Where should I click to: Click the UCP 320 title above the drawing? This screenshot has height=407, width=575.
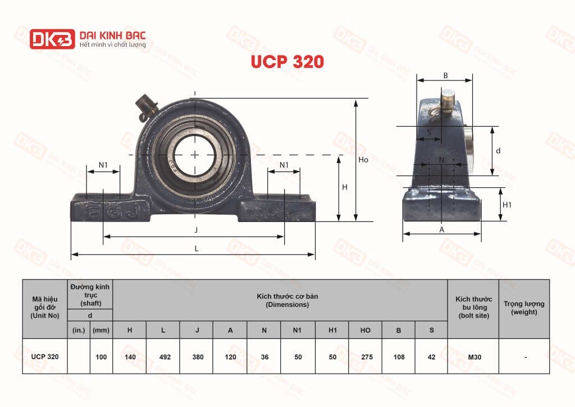(287, 62)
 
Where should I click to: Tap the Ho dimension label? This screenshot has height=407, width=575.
(363, 160)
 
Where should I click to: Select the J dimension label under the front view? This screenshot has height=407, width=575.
(196, 230)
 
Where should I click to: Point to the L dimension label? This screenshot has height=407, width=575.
(196, 248)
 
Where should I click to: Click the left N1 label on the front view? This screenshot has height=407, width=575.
(103, 165)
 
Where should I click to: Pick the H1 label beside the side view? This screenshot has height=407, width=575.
(506, 205)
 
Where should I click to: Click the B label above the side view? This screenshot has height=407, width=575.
(445, 75)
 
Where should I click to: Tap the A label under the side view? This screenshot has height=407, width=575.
(442, 229)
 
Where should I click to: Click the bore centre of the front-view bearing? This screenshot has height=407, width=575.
(194, 154)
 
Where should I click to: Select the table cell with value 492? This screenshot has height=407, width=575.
(163, 356)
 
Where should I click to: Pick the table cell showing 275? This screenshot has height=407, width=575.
(365, 356)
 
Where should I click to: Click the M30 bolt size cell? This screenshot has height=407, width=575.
(473, 356)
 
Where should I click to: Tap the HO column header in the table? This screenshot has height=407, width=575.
(365, 330)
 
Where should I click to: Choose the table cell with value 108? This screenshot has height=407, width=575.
(399, 356)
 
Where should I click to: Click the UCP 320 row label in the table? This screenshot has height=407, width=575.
(45, 356)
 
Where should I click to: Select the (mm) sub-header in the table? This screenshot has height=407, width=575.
(101, 330)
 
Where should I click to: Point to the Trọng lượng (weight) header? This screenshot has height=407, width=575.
(524, 307)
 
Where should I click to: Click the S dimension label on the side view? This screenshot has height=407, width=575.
(430, 133)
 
